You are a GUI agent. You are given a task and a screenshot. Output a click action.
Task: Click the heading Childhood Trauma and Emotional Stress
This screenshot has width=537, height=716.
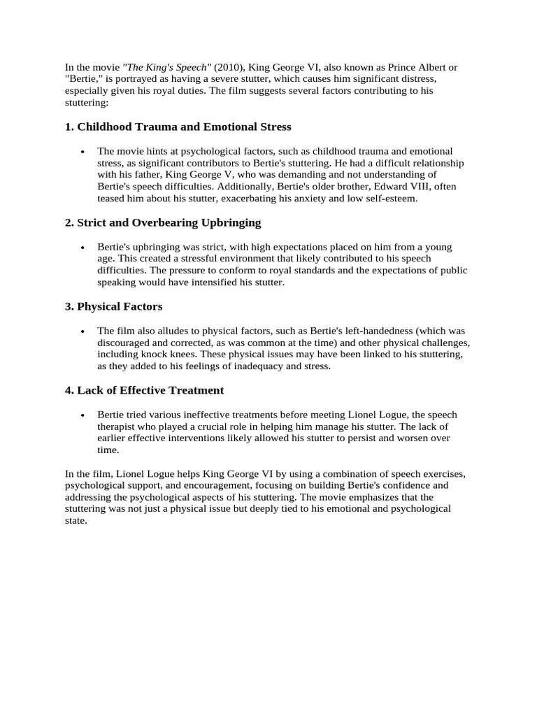click(x=184, y=127)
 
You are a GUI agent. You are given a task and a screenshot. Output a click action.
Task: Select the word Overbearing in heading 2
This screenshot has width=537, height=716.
click(x=164, y=222)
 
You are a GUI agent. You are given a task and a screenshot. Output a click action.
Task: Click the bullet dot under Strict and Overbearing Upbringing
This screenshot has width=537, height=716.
click(x=83, y=248)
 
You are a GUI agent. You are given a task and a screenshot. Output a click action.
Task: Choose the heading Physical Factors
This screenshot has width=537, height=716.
click(x=120, y=306)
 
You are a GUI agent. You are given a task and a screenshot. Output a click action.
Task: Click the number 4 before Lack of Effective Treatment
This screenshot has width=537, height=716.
click(x=69, y=390)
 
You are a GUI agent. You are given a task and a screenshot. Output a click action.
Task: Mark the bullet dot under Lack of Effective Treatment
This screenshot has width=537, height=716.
click(x=83, y=415)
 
